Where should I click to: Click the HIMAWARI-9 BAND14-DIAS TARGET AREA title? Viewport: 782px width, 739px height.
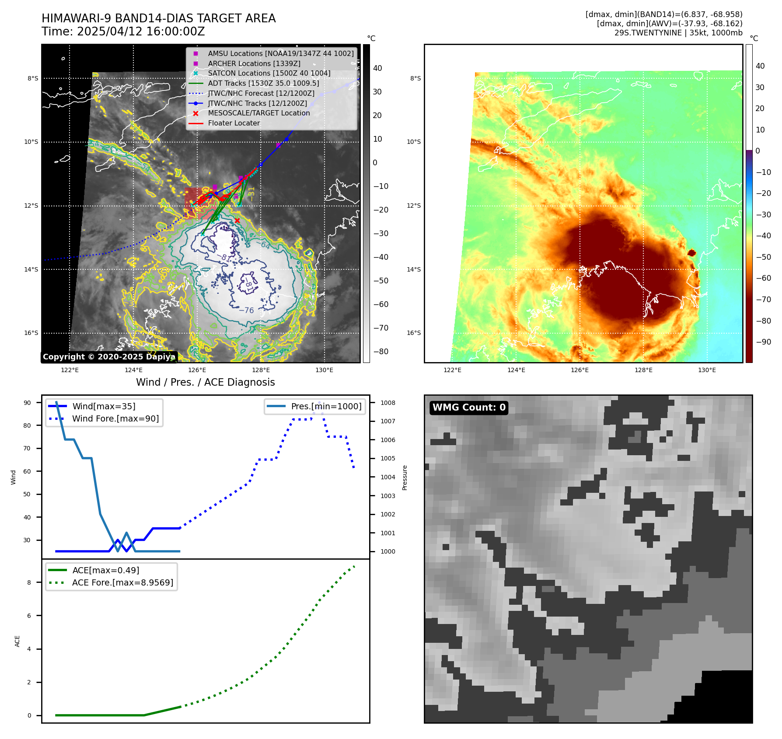(x=158, y=18)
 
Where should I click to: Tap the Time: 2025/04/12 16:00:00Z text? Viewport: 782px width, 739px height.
(x=123, y=31)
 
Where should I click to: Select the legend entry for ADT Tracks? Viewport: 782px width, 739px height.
(x=263, y=83)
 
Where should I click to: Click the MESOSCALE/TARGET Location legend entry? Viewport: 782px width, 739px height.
(x=258, y=113)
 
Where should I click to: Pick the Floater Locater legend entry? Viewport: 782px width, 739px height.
(x=234, y=123)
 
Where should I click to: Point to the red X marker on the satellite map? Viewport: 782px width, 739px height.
(x=237, y=220)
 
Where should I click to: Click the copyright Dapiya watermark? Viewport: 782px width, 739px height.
(x=109, y=357)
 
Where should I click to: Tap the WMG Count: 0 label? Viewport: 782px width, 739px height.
(x=469, y=408)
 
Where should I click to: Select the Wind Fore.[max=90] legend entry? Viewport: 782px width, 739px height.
(x=115, y=418)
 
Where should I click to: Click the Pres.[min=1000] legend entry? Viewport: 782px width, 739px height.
(x=326, y=406)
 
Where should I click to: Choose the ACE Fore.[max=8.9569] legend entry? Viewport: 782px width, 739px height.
(x=122, y=582)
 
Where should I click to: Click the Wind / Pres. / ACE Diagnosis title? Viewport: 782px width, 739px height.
(x=205, y=382)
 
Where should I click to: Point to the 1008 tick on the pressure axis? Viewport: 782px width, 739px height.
(x=388, y=403)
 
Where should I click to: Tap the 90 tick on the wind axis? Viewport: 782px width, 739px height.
(x=27, y=403)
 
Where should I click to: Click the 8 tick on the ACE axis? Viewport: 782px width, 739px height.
(x=29, y=582)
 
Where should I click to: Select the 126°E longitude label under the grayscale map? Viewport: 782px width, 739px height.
(x=197, y=370)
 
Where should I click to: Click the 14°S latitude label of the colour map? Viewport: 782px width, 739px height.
(x=414, y=269)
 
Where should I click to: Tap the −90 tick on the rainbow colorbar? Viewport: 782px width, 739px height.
(x=763, y=342)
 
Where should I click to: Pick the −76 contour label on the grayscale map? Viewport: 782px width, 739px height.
(x=246, y=310)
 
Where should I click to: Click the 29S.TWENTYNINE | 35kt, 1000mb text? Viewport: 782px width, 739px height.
(x=678, y=33)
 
